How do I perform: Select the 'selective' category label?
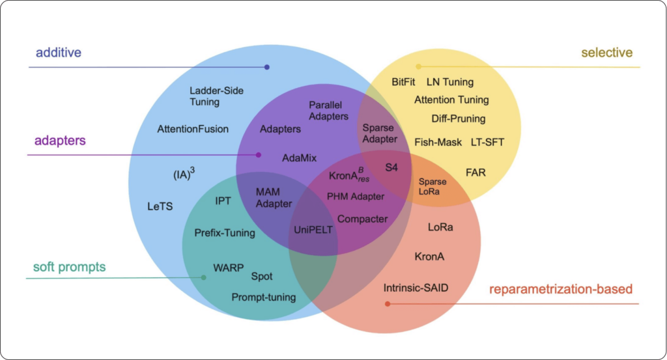[x=608, y=52]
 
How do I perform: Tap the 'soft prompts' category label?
[x=69, y=267]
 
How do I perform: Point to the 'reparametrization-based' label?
[x=561, y=288]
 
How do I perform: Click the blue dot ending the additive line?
[x=266, y=67]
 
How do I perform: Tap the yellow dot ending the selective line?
[x=418, y=66]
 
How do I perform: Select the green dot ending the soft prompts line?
[x=204, y=278]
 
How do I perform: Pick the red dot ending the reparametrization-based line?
[x=388, y=303]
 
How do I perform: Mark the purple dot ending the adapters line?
[x=259, y=155]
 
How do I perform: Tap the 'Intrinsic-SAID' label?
[x=416, y=288]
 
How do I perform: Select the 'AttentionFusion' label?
[x=193, y=129]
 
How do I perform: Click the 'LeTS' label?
[x=160, y=206]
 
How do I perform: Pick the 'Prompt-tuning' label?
[x=263, y=298]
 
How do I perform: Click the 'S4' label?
[x=391, y=167]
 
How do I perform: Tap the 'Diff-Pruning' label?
[x=458, y=118]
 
